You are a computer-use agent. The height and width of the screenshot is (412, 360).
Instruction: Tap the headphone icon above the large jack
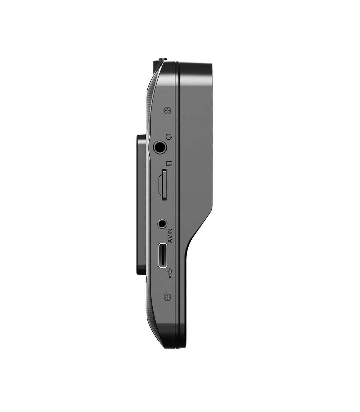(x=169, y=137)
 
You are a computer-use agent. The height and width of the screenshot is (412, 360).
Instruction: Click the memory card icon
(x=169, y=163)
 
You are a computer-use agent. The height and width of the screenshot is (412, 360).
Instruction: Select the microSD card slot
(x=163, y=185)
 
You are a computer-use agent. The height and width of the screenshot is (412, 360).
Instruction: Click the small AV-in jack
(x=162, y=223)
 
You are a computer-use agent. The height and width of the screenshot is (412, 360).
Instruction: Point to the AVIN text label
(x=170, y=236)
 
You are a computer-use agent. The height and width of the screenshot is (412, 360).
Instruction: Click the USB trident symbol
(x=170, y=273)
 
